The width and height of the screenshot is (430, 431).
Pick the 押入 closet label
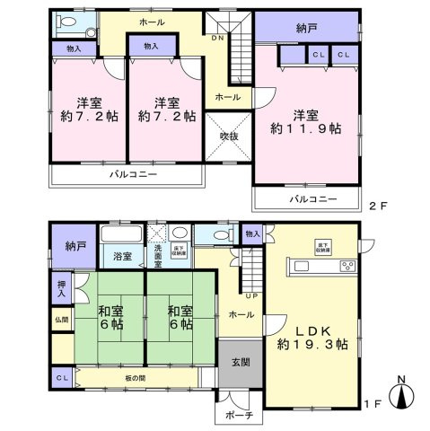[x=61, y=288]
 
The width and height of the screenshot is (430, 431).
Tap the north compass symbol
[x=406, y=393]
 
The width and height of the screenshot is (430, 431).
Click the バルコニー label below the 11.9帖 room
[x=312, y=198]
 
